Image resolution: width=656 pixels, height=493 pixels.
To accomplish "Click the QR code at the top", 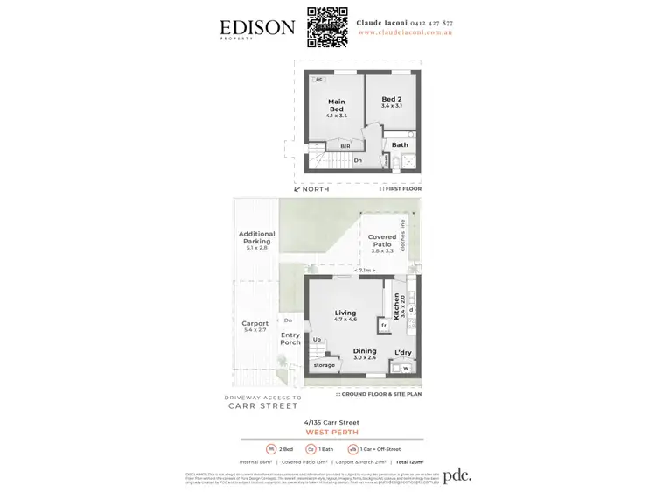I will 328,27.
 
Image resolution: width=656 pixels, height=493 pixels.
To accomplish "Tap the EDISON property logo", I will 257,29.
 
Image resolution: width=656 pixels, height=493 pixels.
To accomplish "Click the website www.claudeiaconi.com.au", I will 405,32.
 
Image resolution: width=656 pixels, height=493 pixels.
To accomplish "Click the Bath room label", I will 400,145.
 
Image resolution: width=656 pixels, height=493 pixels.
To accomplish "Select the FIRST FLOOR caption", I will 402,189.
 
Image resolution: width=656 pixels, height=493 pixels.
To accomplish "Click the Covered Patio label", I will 381,241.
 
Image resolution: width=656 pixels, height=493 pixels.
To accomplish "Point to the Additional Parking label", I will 256,238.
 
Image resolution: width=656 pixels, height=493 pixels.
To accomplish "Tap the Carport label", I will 255,326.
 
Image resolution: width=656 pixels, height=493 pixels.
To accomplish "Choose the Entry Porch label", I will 290,338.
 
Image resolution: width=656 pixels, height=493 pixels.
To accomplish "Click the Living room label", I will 345,315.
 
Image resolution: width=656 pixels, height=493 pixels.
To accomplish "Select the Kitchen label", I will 396,306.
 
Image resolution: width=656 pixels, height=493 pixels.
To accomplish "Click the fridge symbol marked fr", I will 383,326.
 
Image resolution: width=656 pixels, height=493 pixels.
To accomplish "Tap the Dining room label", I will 365,354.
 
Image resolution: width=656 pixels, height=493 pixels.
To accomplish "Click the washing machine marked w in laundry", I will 405,368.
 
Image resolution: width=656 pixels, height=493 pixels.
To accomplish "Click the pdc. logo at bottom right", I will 457,475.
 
